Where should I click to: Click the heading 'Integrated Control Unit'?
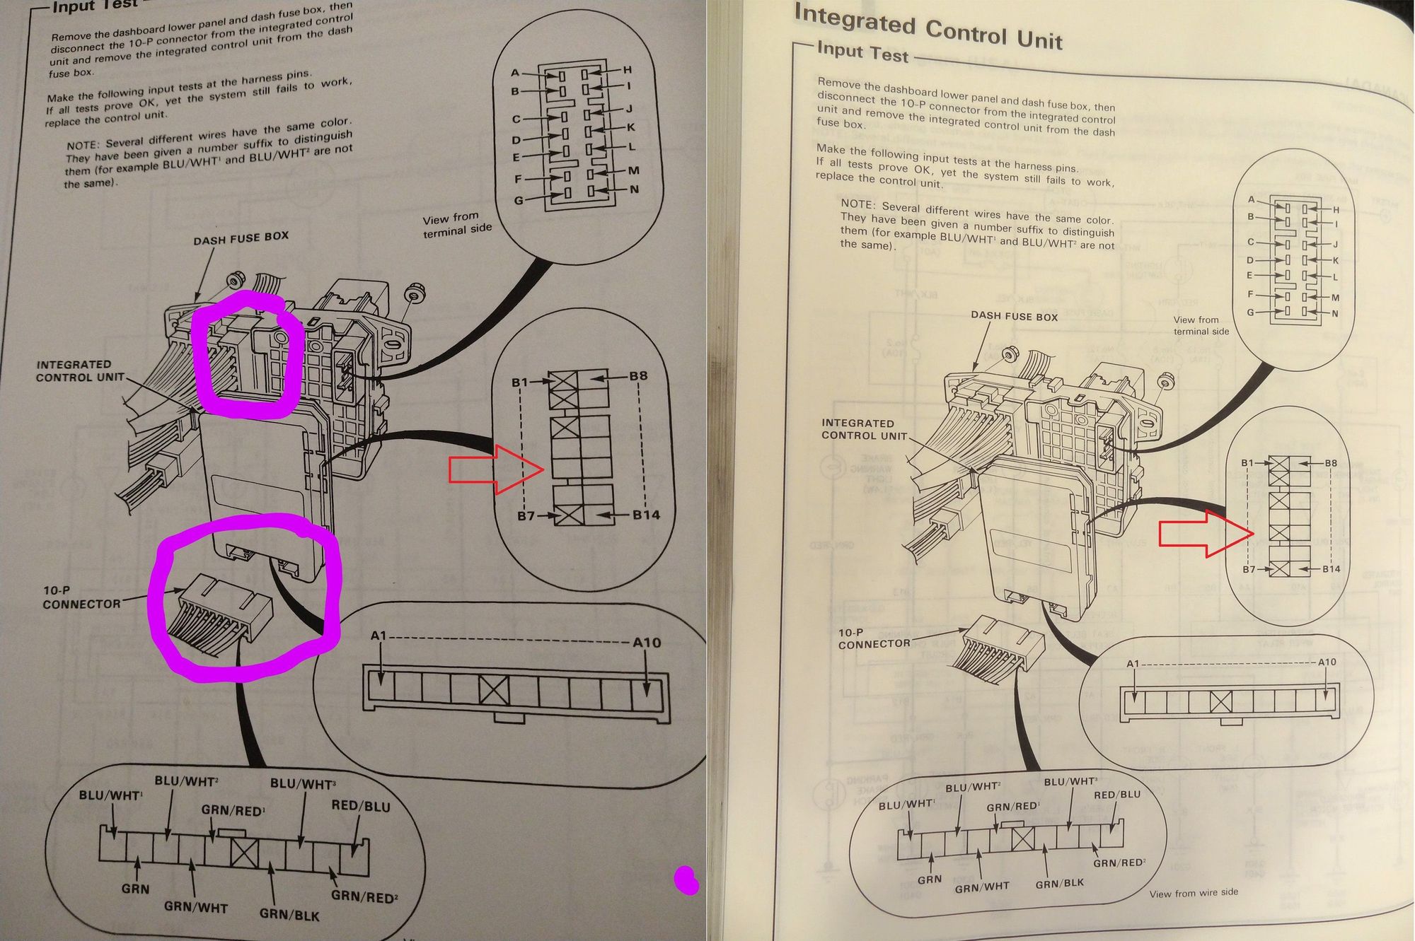point(928,27)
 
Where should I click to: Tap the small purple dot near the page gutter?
point(686,880)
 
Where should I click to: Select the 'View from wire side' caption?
point(1194,893)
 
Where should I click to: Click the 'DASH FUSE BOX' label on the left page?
point(241,238)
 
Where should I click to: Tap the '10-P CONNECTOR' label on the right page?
point(874,638)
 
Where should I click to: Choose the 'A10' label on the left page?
point(646,643)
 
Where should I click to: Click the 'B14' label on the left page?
point(646,515)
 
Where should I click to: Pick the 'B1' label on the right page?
point(1247,463)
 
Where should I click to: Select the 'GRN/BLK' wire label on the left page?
point(289,913)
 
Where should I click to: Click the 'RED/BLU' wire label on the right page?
point(1117,795)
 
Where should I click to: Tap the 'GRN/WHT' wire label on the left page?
point(195,906)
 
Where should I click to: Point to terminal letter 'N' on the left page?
point(634,189)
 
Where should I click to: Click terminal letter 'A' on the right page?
point(1251,199)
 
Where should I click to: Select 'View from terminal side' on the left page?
point(457,224)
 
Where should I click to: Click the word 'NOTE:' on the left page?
point(84,146)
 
